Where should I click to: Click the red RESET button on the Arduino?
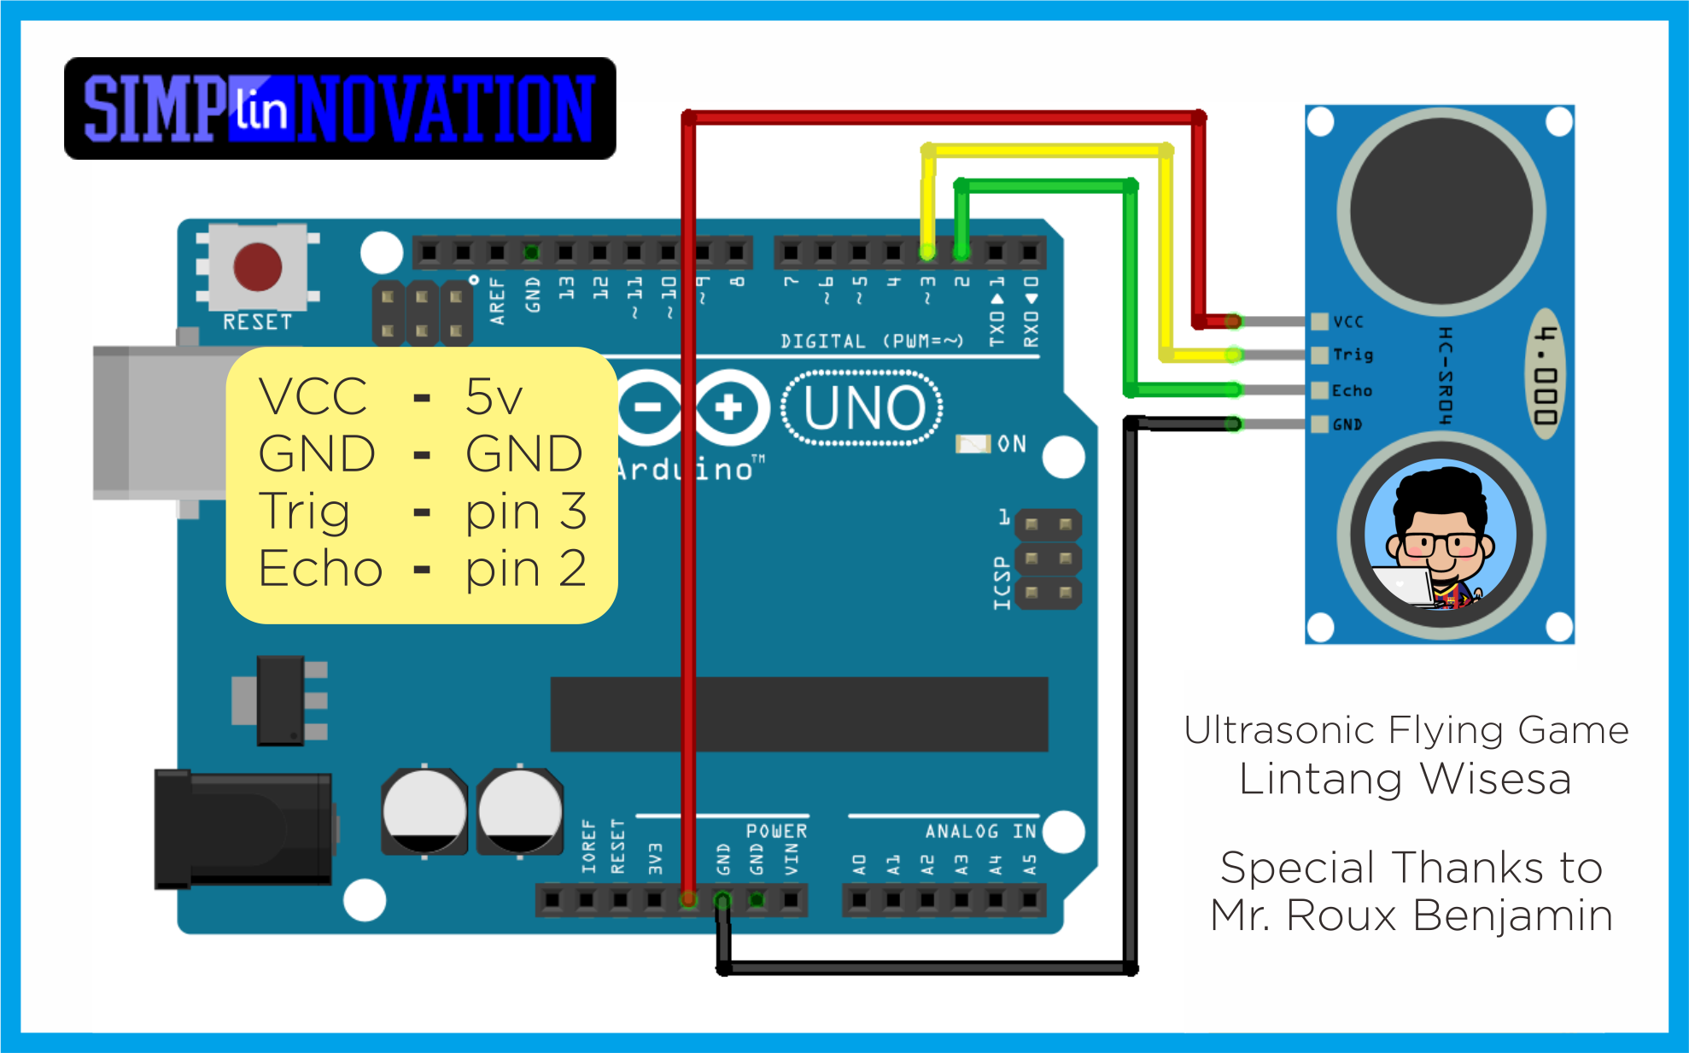tap(257, 266)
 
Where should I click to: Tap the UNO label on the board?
tap(862, 408)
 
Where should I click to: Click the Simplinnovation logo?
tap(340, 108)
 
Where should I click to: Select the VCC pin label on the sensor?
tap(1348, 322)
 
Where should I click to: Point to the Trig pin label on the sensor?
tap(1353, 354)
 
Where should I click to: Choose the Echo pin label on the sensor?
tap(1352, 390)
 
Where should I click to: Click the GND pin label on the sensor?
tap(1347, 424)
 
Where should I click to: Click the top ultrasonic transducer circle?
tap(1441, 211)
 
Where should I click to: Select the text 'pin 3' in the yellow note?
tap(525, 512)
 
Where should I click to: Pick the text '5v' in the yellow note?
tap(494, 396)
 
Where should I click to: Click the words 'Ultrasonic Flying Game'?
tap(1406, 730)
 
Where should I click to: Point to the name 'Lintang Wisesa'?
tap(1405, 779)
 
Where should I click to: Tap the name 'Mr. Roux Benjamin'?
tap(1411, 916)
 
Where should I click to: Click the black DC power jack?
tap(243, 828)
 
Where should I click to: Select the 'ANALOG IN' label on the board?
tap(980, 831)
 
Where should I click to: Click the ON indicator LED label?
tap(1011, 444)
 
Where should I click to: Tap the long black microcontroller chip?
tap(798, 714)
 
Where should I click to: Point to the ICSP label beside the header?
tap(1002, 583)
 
